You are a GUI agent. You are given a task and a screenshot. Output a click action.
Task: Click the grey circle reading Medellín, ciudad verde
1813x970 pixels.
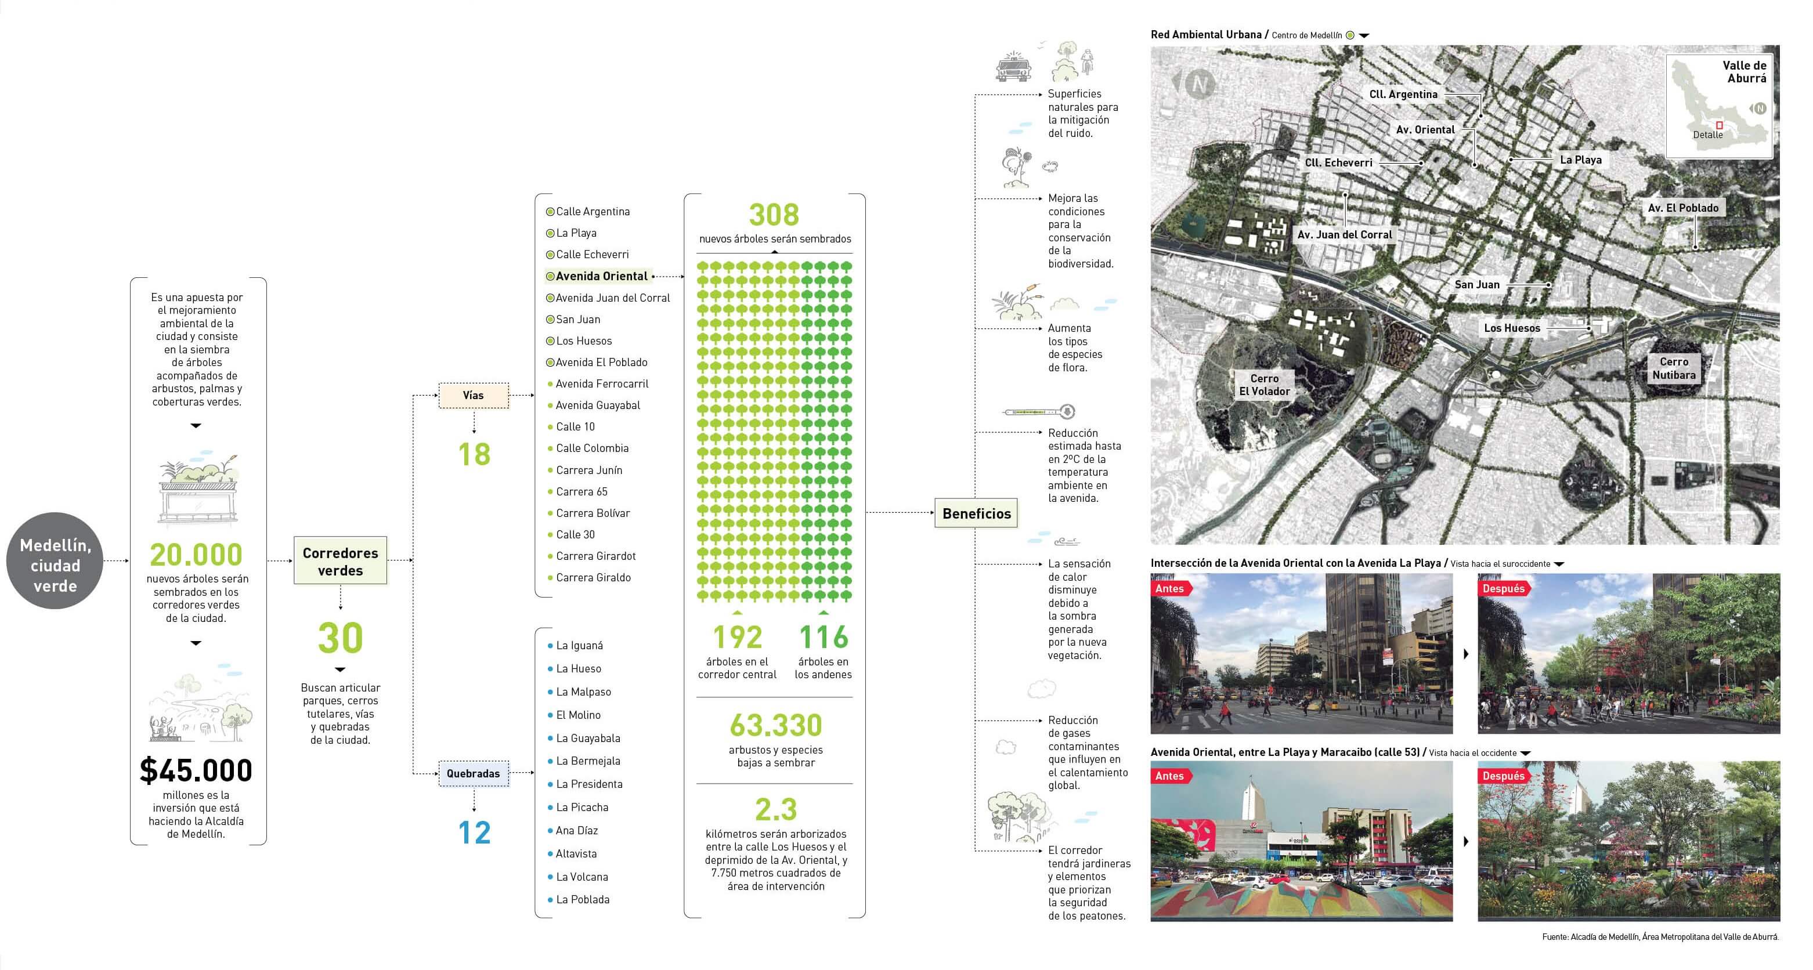click(x=55, y=565)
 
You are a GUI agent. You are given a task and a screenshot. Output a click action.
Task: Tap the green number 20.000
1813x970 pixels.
click(x=196, y=555)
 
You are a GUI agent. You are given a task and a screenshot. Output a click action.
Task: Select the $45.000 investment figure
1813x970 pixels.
click(x=196, y=770)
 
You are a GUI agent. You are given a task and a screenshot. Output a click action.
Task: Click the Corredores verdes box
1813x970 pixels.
click(x=341, y=562)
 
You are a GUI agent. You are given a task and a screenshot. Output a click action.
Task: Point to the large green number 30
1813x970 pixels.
click(x=341, y=638)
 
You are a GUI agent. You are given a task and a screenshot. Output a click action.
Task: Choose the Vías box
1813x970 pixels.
click(x=473, y=395)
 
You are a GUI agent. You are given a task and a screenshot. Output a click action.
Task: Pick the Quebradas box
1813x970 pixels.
click(x=473, y=774)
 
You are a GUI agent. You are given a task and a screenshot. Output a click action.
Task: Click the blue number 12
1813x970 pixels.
click(x=474, y=833)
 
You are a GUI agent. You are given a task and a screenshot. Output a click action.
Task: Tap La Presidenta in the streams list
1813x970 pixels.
click(x=589, y=784)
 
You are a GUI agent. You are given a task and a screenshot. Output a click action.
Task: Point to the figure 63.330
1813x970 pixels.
click(x=775, y=725)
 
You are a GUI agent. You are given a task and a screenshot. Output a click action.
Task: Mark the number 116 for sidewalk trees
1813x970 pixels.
click(x=824, y=638)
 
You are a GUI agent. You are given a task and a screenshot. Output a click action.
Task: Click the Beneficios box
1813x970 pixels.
click(x=976, y=513)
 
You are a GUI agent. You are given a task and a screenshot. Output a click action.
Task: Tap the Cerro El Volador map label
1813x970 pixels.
click(x=1264, y=385)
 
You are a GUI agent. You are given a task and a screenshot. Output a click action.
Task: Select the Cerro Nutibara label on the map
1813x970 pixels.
click(x=1674, y=368)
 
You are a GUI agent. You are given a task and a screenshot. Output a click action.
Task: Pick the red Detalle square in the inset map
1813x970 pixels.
click(x=1720, y=125)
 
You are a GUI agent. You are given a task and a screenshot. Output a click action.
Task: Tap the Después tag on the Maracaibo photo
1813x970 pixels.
click(x=1503, y=776)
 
